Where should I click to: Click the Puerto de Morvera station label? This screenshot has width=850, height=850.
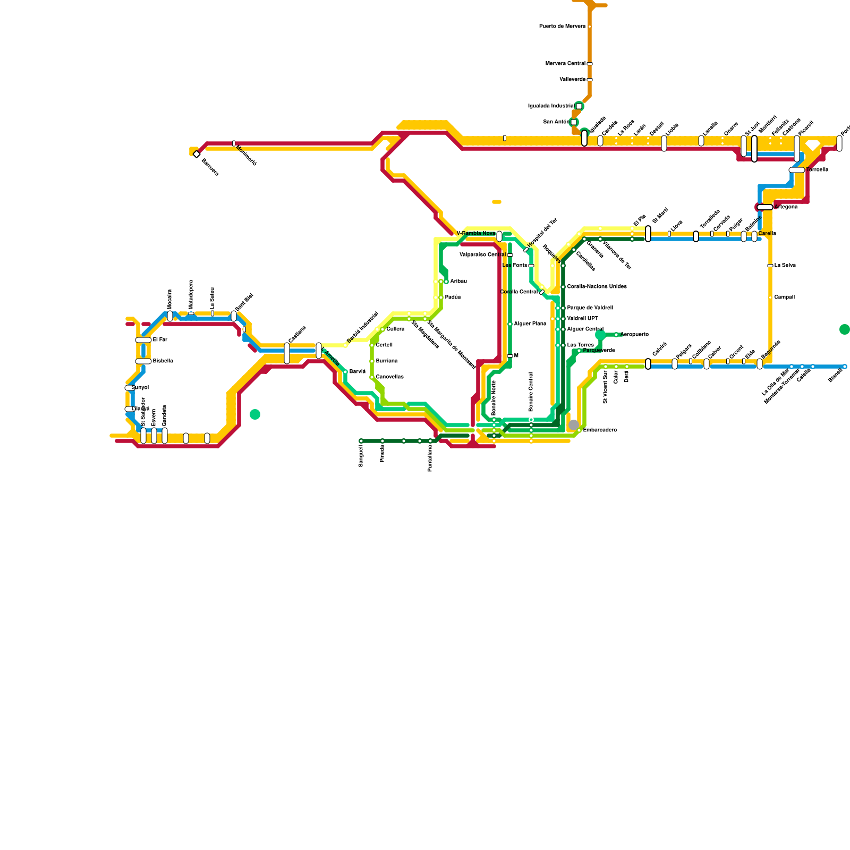click(x=562, y=27)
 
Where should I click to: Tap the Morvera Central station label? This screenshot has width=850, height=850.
click(x=565, y=64)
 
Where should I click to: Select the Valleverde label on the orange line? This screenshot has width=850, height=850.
click(x=572, y=80)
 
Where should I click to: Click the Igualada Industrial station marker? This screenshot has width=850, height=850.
click(x=579, y=106)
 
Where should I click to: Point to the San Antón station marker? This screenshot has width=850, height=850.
click(x=574, y=122)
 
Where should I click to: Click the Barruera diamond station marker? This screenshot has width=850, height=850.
click(x=197, y=154)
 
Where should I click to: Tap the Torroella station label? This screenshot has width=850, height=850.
click(x=817, y=170)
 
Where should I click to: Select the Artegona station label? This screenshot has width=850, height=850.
click(x=786, y=207)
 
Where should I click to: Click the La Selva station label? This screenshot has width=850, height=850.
click(x=785, y=266)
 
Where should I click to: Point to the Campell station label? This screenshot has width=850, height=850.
click(x=784, y=297)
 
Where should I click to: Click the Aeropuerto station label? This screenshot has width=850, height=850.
click(x=634, y=335)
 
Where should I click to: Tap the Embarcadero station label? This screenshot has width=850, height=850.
click(x=600, y=430)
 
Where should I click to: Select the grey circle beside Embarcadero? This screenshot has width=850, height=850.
click(x=574, y=425)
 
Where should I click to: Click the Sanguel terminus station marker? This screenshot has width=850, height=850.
click(x=361, y=441)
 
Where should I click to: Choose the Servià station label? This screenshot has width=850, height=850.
click(x=358, y=372)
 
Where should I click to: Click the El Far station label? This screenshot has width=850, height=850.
click(x=160, y=340)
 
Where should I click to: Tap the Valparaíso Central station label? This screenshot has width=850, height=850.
click(x=482, y=255)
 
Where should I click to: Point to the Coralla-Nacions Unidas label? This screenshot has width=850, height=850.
click(x=597, y=287)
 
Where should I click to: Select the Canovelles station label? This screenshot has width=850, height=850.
click(x=389, y=377)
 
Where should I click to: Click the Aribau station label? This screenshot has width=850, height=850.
click(x=458, y=282)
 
